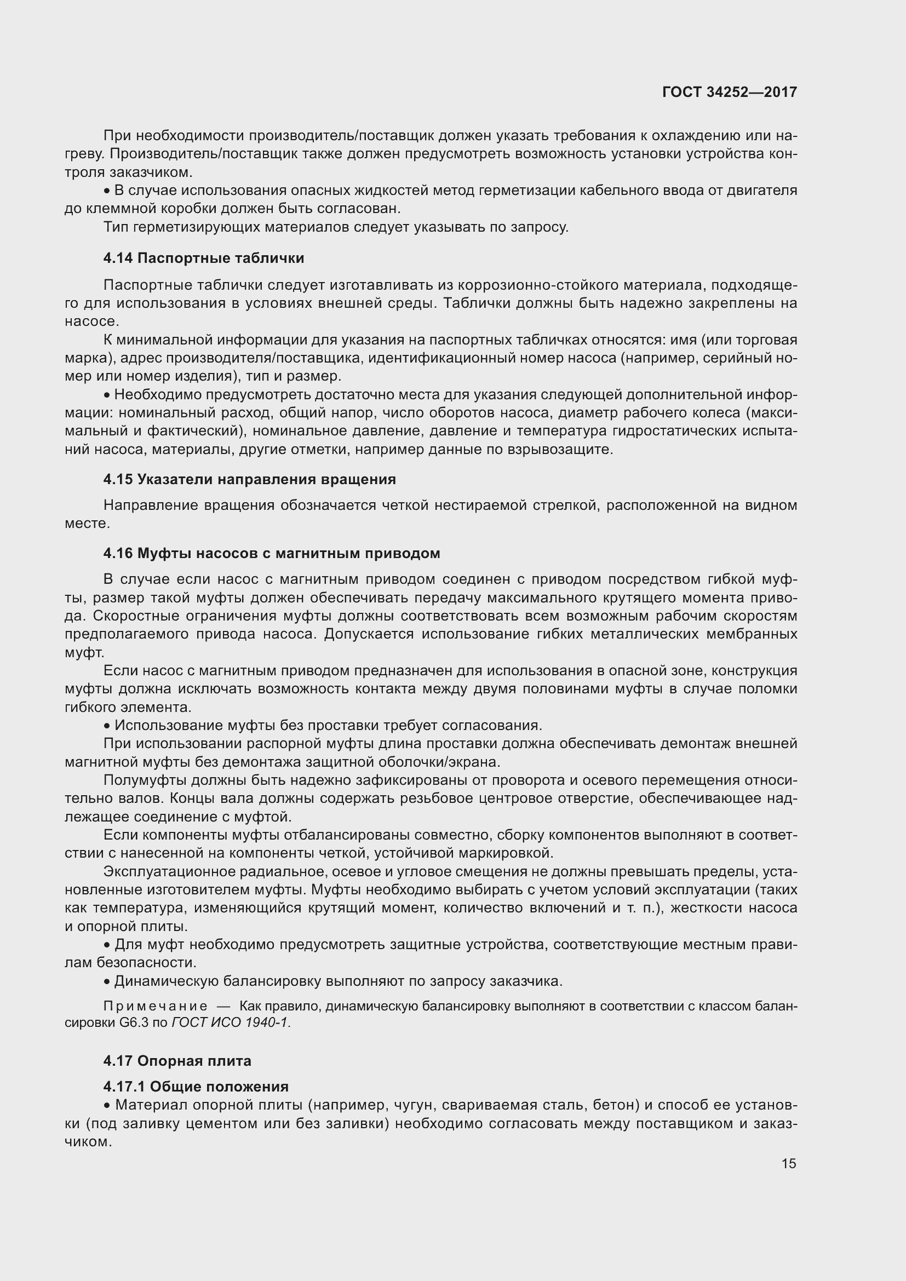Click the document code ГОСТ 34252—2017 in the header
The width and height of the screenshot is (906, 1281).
point(729,92)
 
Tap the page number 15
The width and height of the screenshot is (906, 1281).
point(788,1163)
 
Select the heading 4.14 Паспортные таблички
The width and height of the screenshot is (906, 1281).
point(204,258)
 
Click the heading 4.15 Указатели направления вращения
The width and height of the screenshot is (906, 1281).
point(249,479)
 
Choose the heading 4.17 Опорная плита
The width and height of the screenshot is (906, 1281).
point(177,1061)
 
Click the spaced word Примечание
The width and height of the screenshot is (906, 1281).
point(156,1007)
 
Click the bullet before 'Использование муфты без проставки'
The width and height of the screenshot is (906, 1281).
point(107,726)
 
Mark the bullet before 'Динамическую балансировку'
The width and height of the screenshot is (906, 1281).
point(107,981)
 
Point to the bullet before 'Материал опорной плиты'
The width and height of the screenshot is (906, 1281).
point(107,1105)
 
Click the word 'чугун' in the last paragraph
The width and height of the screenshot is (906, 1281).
point(413,1105)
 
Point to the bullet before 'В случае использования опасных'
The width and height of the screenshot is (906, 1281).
point(107,191)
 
